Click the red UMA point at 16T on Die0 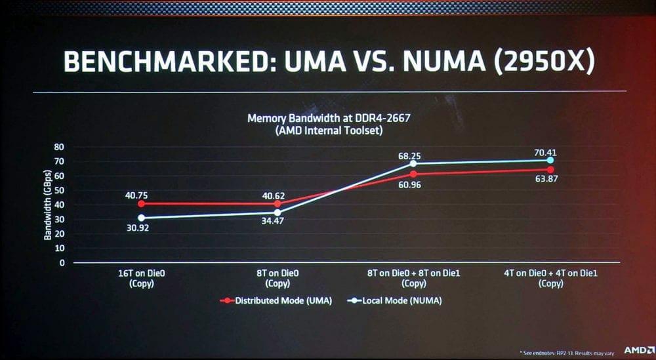coord(141,204)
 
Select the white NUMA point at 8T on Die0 coord(277,212)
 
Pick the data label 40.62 coord(277,195)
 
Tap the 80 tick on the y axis coord(60,147)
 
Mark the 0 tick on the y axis coord(62,263)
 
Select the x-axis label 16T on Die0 coord(141,273)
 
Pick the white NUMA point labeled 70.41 coord(550,161)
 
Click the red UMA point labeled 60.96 coord(413,174)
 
